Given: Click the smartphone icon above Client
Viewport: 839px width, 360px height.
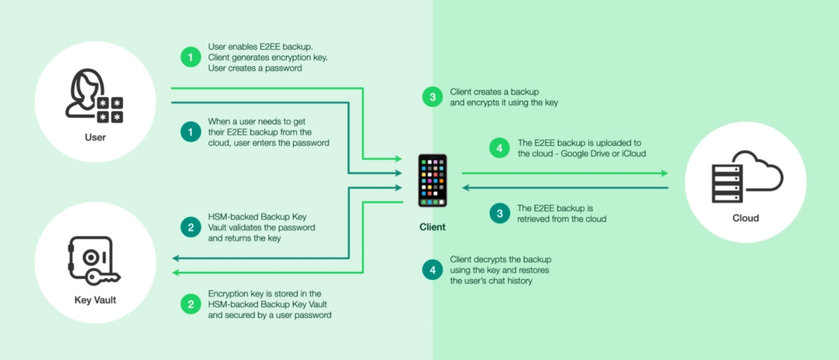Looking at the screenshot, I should coord(432,180).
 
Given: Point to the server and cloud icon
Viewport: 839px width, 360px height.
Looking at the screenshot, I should coord(747,177).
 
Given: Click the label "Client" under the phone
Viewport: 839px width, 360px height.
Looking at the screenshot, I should coord(432,227).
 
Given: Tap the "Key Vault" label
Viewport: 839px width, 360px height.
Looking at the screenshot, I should coord(95,300).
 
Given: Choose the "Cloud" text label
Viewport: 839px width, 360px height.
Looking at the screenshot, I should coord(745,218).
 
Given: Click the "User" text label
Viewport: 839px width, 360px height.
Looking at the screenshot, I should coord(95,137).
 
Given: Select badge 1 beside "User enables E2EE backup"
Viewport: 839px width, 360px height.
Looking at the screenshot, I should coord(191,57).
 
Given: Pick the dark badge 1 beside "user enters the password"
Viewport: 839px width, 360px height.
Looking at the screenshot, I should coord(191,132).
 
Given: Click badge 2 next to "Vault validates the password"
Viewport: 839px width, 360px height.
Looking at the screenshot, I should coord(191,227).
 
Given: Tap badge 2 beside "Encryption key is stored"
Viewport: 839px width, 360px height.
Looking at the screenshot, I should coord(191,304).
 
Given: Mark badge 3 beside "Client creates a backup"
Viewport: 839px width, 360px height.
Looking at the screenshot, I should coord(432,97).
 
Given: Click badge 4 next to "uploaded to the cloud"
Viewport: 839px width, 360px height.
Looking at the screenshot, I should coord(499,148).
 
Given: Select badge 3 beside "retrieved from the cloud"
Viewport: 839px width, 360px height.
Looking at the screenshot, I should coord(499,214).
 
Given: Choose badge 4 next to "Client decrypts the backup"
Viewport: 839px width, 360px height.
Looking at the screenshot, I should coord(432,270).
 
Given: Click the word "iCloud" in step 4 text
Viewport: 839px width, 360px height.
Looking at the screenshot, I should coord(634,154).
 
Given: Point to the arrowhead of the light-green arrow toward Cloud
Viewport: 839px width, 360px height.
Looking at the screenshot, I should coord(665,173).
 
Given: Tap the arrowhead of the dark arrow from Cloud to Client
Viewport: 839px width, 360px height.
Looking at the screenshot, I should coord(466,188).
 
